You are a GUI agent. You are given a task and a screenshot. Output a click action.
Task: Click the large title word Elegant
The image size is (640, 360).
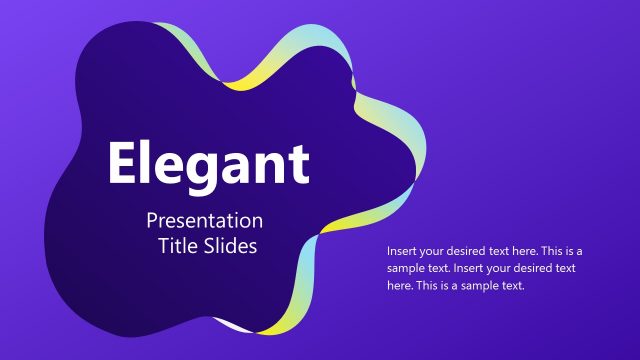point(208,164)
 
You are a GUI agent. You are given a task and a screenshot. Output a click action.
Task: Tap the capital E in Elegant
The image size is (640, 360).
point(124,163)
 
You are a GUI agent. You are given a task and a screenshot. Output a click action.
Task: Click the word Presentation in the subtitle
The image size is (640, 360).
point(204,221)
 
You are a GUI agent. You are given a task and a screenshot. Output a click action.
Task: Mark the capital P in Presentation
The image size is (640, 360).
point(151,220)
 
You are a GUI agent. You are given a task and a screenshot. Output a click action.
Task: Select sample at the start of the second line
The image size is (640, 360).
point(406,268)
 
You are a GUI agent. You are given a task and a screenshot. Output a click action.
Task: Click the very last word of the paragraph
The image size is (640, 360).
point(510,286)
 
